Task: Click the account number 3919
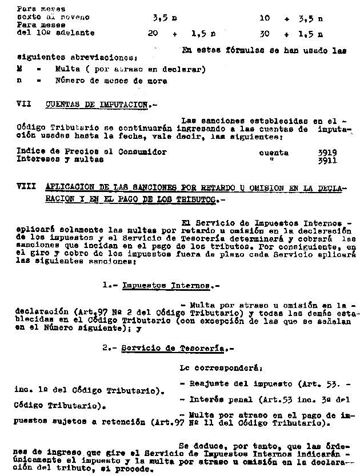pyautogui.click(x=327, y=153)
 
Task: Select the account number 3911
pyautogui.click(x=327, y=161)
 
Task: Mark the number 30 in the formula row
pyautogui.click(x=263, y=34)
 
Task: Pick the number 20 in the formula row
pyautogui.click(x=153, y=34)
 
